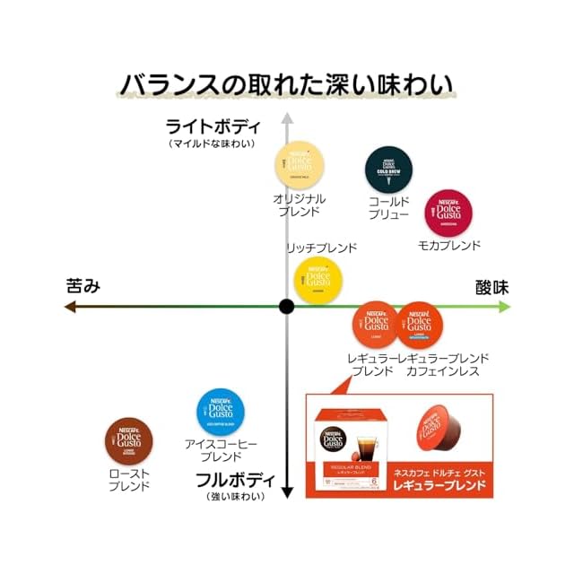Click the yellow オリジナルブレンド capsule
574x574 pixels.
pos(299,164)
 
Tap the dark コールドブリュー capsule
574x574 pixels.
pos(389,168)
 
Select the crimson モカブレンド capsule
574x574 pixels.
pos(448,213)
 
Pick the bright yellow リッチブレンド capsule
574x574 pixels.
pos(318,279)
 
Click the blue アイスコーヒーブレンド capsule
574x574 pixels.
pos(221,410)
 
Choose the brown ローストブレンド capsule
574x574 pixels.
pos(129,441)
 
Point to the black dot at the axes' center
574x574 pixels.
pos(287,306)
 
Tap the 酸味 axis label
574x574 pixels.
pos(492,287)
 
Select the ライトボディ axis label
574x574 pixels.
pos(213,126)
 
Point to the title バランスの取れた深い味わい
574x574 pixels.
pos(287,84)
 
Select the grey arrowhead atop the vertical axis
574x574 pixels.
pos(287,117)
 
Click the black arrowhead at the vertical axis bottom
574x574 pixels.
pos(287,491)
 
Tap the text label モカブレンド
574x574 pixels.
pos(449,246)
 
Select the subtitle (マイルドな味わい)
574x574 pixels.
pos(213,143)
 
